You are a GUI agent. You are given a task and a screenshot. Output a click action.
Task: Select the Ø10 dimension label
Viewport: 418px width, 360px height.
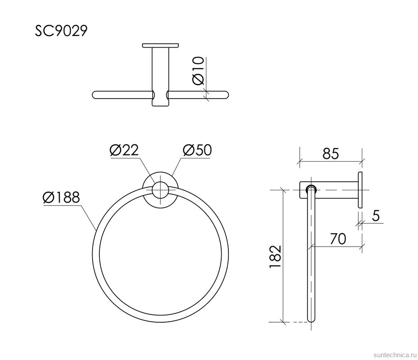pos(198,71)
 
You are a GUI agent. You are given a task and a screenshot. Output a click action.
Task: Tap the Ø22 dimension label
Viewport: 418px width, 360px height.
pos(124,150)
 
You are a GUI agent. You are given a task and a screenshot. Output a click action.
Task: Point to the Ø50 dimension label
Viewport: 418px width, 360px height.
pos(197,150)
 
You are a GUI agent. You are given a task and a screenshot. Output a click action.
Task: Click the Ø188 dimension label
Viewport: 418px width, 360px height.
pos(61,198)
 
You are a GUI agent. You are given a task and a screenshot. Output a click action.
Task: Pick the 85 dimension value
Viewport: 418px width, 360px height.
pos(330,154)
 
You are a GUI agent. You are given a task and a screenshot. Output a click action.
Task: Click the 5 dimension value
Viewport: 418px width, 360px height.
pos(376,216)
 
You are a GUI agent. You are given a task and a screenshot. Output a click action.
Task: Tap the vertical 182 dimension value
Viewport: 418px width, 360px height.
pos(275,257)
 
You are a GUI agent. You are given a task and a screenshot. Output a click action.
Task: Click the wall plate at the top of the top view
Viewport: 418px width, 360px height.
pos(160,45)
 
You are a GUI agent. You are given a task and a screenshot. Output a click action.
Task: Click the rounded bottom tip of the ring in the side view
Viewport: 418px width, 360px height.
pos(311,319)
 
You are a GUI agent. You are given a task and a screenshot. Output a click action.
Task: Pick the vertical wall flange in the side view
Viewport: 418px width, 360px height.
pos(360,189)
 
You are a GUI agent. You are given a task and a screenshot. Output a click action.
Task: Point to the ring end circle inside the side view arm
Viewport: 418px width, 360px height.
pos(311,189)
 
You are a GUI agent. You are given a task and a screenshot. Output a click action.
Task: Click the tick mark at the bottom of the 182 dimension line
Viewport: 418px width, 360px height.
pos(283,322)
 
